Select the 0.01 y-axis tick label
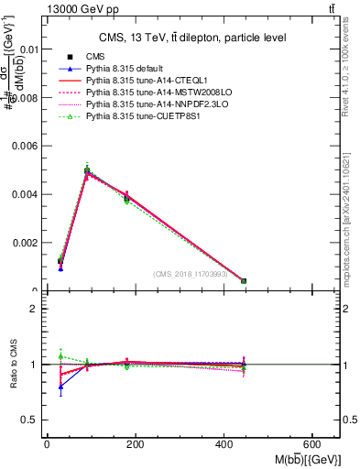(x=28, y=49)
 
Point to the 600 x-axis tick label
(x=315, y=444)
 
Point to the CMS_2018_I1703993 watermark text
(x=191, y=274)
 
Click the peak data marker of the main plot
(x=87, y=170)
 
